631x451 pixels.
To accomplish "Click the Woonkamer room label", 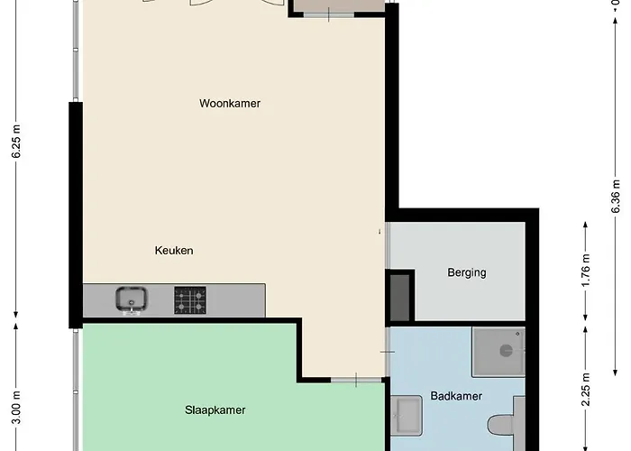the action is (x=230, y=104).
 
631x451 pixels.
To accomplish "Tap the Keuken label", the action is (x=174, y=251).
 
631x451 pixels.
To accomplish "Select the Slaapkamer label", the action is (x=215, y=410).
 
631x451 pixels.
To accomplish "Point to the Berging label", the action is (x=467, y=272).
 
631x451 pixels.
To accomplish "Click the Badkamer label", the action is (x=456, y=396).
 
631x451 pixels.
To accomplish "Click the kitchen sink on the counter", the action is (x=132, y=300).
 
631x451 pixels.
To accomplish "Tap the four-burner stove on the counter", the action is (x=190, y=300).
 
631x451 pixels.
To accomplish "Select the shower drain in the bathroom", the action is (x=507, y=351).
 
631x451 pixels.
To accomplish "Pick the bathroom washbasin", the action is (x=407, y=416).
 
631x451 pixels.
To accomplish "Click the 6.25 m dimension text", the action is (x=16, y=141).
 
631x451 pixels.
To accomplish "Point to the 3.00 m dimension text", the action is (x=16, y=408).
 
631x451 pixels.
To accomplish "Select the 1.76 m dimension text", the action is (x=586, y=270).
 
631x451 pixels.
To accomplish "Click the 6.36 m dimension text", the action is (x=616, y=196).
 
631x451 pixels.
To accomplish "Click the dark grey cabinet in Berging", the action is (x=399, y=298).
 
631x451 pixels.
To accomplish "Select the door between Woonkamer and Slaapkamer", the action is (x=356, y=380).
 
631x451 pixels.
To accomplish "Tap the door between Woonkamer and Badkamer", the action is (x=388, y=352).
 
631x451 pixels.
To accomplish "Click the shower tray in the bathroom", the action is (x=498, y=352).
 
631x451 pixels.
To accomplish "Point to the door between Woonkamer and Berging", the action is (x=387, y=245).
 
